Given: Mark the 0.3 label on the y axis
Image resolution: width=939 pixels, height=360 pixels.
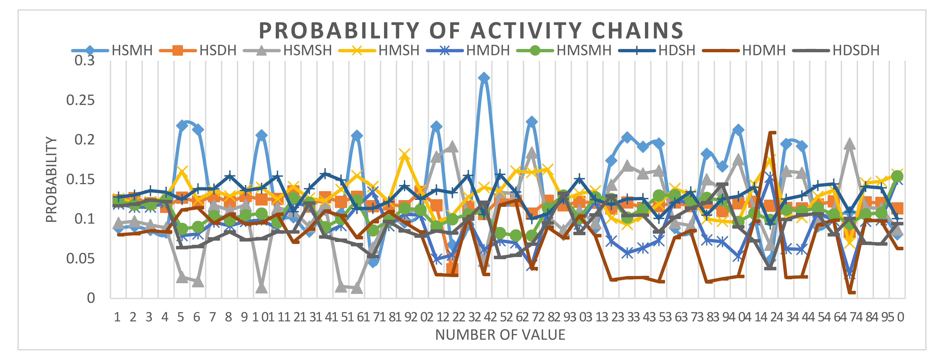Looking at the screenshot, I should pyautogui.click(x=84, y=60).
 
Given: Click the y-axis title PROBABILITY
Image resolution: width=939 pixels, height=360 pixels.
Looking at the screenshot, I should pyautogui.click(x=51, y=180).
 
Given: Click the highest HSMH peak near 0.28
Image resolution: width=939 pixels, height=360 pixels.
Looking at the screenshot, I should pyautogui.click(x=484, y=78).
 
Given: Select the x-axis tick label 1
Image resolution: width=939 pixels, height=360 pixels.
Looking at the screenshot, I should pyautogui.click(x=117, y=317).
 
